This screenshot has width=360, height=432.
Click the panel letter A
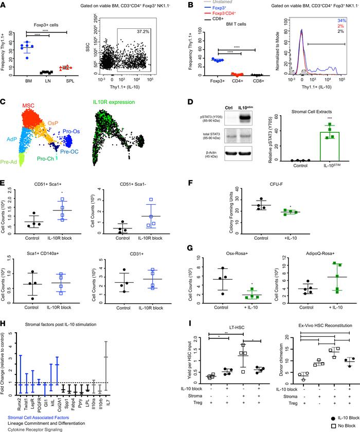(4, 5)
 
